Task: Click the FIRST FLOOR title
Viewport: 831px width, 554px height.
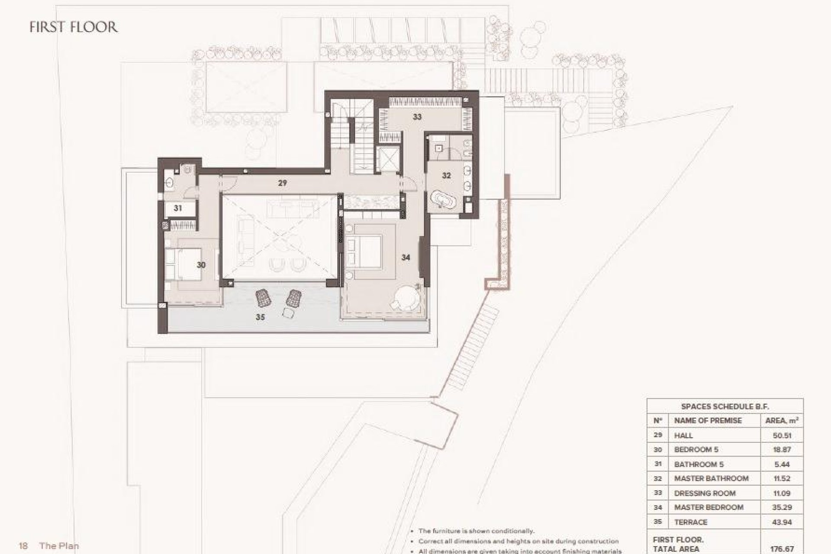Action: click(x=74, y=27)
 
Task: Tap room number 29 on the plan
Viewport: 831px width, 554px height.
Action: click(x=282, y=183)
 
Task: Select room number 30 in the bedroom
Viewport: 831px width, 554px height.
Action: click(x=201, y=265)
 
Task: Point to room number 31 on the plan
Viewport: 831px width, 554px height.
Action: click(x=178, y=208)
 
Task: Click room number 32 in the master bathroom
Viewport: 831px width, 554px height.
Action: click(x=446, y=176)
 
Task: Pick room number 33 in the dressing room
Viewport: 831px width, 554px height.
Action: click(x=417, y=117)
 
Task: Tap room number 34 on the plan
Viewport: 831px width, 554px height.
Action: click(x=406, y=258)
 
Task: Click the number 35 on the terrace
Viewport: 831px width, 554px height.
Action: click(x=260, y=317)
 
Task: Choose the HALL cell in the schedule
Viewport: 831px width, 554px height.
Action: click(x=683, y=435)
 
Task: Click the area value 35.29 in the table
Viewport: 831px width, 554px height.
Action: click(x=782, y=507)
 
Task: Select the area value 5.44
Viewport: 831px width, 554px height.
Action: click(x=782, y=464)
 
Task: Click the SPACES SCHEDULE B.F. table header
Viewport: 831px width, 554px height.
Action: click(x=725, y=406)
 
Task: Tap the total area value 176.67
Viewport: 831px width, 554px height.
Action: click(x=782, y=549)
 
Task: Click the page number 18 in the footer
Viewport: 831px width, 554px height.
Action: click(x=23, y=546)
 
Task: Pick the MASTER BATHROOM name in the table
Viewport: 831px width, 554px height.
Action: click(x=711, y=478)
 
